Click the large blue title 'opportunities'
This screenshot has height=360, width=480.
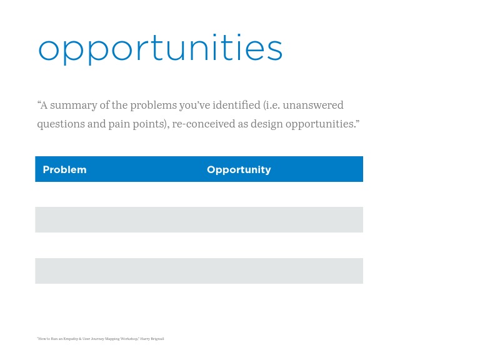[x=160, y=49]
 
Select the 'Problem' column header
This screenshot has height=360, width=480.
[x=64, y=170]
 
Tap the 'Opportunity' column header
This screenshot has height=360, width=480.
[x=239, y=170]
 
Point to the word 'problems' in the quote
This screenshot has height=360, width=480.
[x=149, y=105]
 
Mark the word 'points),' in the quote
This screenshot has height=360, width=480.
[x=151, y=124]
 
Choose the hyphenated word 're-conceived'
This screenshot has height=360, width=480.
[x=203, y=124]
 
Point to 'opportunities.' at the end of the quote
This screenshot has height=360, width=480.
[x=322, y=124]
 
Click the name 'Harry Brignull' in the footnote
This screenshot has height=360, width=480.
[x=152, y=339]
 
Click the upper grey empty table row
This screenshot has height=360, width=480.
[x=199, y=220]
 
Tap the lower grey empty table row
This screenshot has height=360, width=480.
[x=199, y=271]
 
